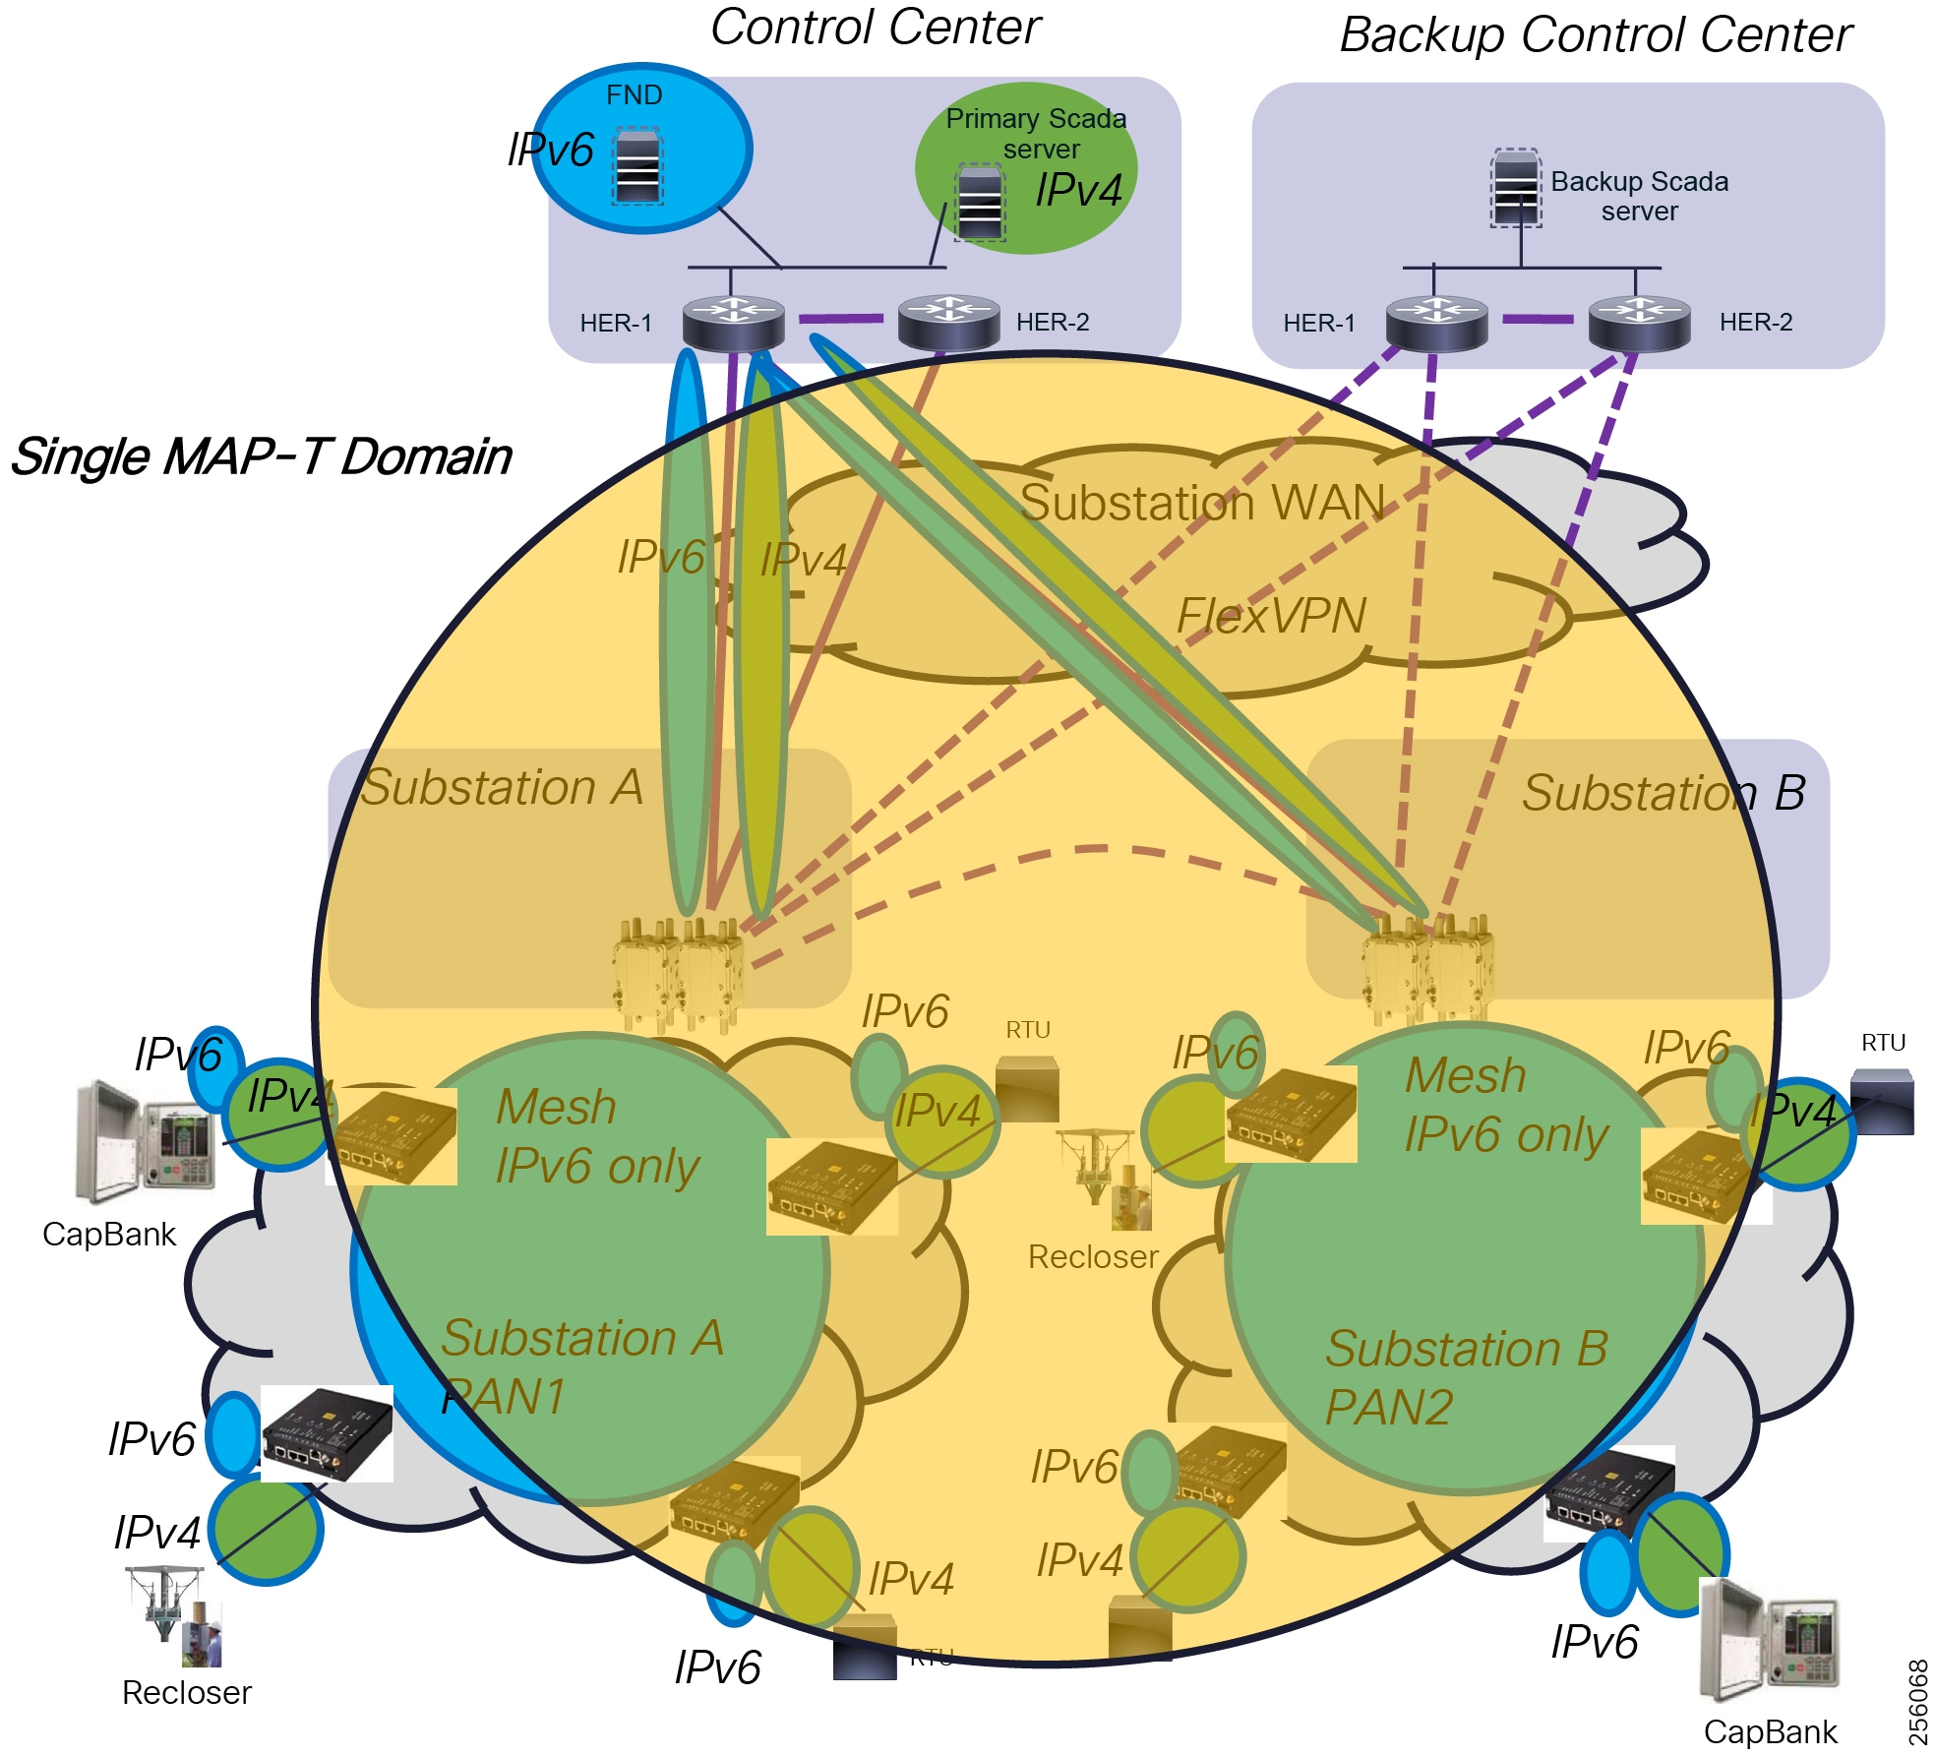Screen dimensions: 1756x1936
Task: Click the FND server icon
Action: tap(637, 166)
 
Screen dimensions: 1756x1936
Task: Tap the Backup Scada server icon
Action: tap(1516, 188)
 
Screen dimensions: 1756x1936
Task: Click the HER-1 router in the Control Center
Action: tap(734, 322)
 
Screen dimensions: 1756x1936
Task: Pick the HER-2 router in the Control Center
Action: tap(948, 322)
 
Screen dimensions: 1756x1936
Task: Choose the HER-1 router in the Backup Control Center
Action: tap(1436, 323)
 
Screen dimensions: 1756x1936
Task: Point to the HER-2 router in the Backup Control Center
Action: tap(1639, 323)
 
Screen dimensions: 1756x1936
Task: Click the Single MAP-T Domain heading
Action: tap(261, 456)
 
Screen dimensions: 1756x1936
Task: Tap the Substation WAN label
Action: tap(1202, 503)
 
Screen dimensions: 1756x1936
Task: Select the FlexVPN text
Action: tap(1271, 617)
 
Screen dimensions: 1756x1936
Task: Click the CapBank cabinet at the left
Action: tap(145, 1143)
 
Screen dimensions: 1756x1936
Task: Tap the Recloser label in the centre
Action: tap(1093, 1256)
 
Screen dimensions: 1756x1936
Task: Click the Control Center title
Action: tap(875, 28)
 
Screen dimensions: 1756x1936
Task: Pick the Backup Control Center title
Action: tap(1596, 35)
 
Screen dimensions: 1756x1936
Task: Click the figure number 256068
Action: tap(1917, 1702)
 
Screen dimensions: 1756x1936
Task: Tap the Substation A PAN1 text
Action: tap(580, 1367)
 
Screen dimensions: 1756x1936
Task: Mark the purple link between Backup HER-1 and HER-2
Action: tap(1538, 320)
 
